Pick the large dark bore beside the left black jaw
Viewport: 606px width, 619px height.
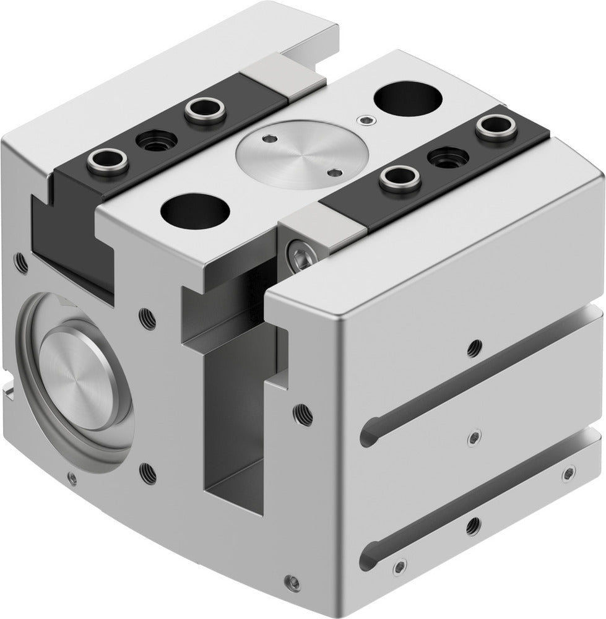click(194, 210)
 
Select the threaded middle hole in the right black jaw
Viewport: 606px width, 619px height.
click(448, 158)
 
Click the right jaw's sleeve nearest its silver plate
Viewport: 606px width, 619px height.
click(399, 180)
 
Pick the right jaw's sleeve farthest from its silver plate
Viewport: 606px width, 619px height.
click(496, 128)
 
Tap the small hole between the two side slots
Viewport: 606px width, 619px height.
click(473, 438)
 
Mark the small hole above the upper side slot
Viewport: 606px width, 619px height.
click(474, 347)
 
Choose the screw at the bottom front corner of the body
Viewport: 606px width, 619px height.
click(292, 582)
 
